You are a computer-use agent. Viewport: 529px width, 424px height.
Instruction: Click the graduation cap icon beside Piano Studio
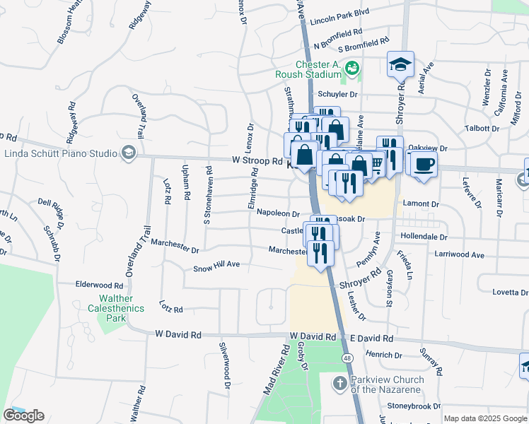coord(128,153)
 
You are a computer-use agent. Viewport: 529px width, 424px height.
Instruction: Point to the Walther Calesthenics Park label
coord(116,304)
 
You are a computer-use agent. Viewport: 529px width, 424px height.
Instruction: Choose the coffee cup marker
coord(424,165)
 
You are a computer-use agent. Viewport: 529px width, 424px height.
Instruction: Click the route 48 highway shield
coord(347,359)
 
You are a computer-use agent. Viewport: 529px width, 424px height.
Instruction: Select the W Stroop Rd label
coord(257,160)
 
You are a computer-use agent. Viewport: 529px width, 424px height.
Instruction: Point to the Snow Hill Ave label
coord(217,269)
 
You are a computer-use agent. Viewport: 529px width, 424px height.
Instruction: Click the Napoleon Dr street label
coord(278,213)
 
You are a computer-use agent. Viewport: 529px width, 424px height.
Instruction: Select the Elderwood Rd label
coord(100,285)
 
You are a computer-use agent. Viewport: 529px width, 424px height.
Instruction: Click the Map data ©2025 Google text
coord(484,418)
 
